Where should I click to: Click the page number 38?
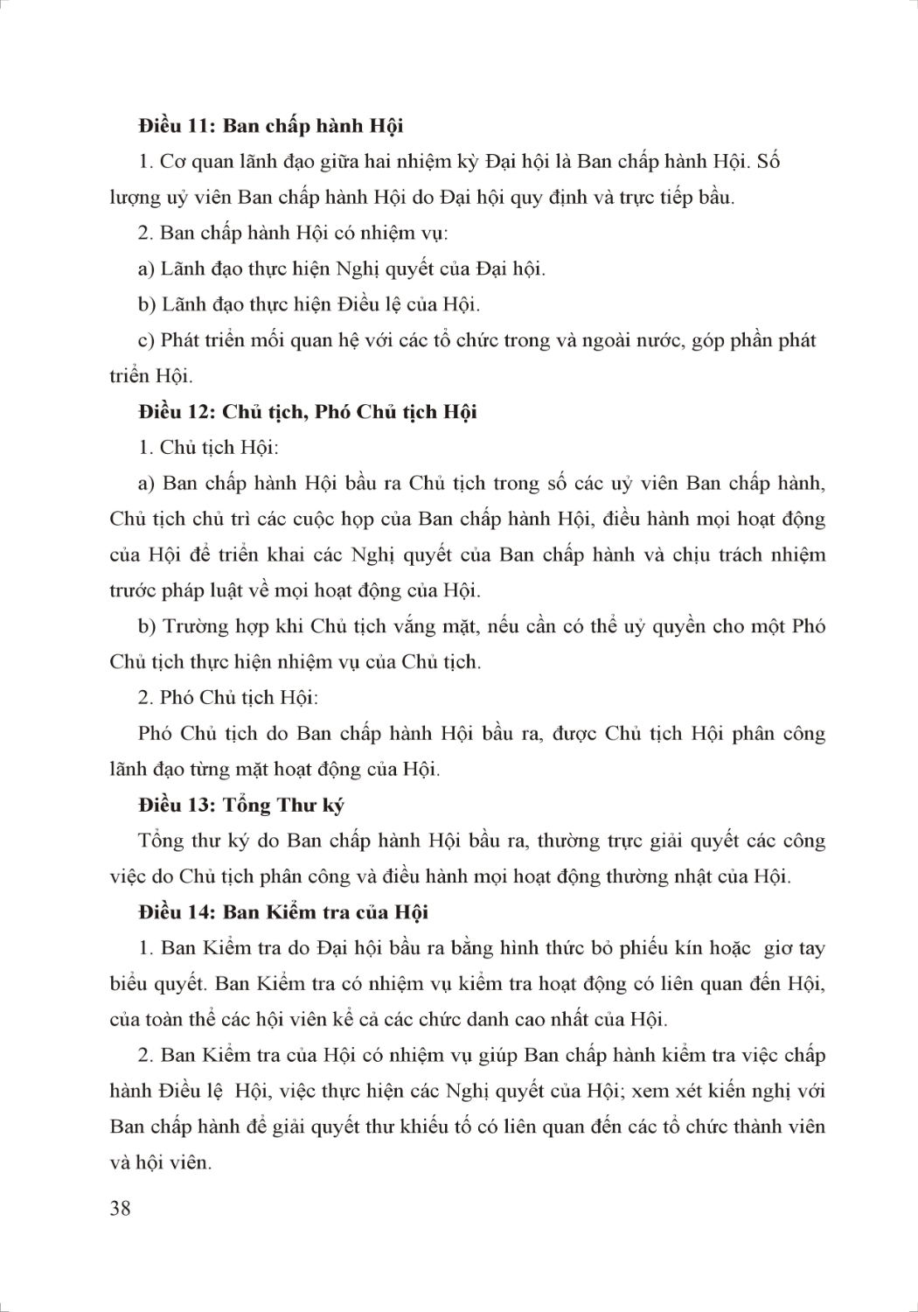(121, 1209)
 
